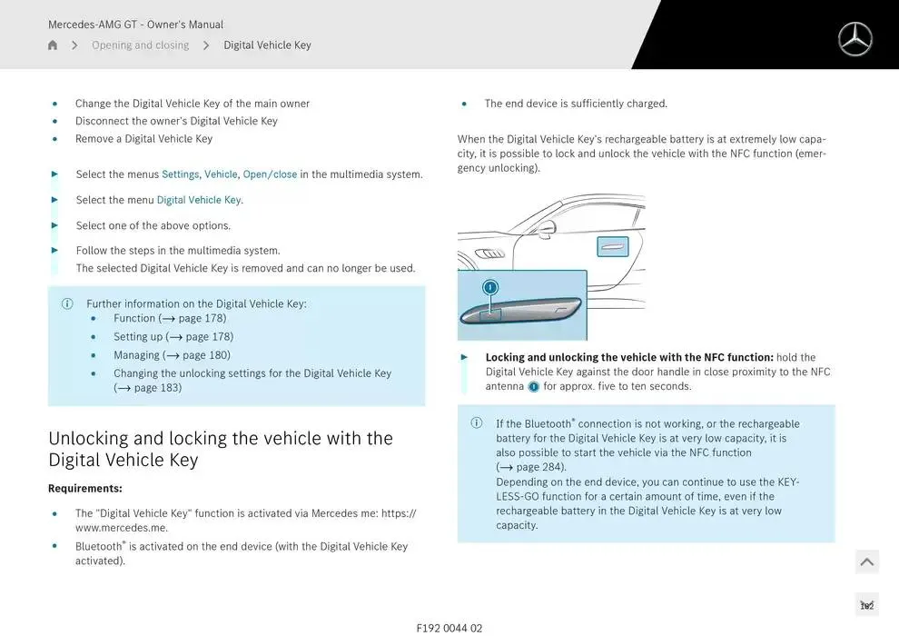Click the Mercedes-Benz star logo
(x=855, y=39)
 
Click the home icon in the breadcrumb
(x=53, y=45)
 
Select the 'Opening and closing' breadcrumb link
(x=140, y=45)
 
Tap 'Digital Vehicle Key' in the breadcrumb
(x=267, y=45)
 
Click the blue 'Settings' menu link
(x=180, y=174)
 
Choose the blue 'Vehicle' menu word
(x=221, y=174)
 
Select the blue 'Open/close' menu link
(x=270, y=174)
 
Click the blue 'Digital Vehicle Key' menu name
(x=199, y=200)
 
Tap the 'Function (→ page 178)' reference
(x=170, y=319)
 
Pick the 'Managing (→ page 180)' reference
(x=172, y=355)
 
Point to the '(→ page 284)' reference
(x=530, y=467)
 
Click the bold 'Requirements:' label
(x=85, y=489)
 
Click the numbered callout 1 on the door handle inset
(x=490, y=287)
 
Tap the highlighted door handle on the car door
(x=612, y=245)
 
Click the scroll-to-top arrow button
(x=866, y=562)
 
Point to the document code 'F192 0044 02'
(x=449, y=628)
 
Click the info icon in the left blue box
(x=67, y=304)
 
